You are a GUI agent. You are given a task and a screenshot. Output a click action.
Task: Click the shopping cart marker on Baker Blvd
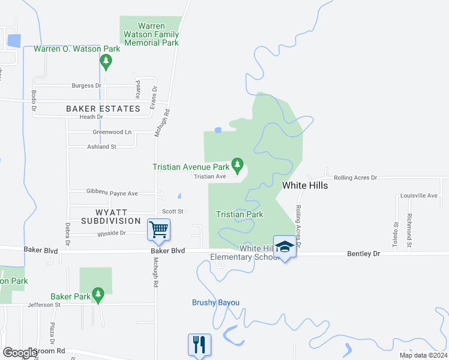click(x=159, y=229)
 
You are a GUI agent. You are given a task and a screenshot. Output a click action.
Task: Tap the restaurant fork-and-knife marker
click(x=199, y=344)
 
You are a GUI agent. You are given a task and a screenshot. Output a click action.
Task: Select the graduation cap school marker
click(x=285, y=247)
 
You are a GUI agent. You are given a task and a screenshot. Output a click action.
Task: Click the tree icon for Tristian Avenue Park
click(x=238, y=164)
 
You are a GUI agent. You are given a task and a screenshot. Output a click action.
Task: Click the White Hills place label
click(x=305, y=185)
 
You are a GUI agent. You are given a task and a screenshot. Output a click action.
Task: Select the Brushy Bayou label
click(x=215, y=302)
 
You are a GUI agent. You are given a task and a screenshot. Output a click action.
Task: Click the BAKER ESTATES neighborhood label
click(x=103, y=109)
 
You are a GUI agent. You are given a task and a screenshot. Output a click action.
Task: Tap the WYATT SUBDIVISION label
click(x=111, y=217)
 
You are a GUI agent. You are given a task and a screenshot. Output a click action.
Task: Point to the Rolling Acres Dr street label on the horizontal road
click(x=355, y=178)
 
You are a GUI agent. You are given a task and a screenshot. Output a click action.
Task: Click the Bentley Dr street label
click(x=364, y=254)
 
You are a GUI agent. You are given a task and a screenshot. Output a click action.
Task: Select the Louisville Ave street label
click(x=419, y=196)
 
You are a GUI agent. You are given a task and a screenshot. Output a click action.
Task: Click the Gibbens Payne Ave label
click(x=112, y=193)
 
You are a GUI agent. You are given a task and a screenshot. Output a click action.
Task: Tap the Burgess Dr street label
click(x=86, y=86)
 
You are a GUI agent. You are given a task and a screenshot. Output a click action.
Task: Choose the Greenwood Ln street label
click(x=112, y=132)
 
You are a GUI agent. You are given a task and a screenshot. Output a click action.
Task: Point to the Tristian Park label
click(x=240, y=214)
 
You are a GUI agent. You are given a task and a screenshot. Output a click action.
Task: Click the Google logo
click(x=20, y=353)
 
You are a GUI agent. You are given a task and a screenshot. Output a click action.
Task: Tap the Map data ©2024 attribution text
click(x=423, y=355)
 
